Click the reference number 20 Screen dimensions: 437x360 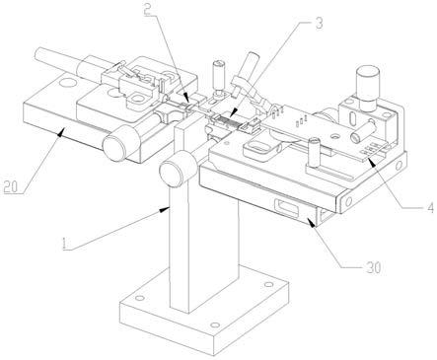(x=10, y=186)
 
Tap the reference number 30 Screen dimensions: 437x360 (x=373, y=267)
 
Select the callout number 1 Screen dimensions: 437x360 (x=65, y=244)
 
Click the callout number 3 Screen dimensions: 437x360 (x=319, y=24)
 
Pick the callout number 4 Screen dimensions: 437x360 (x=430, y=207)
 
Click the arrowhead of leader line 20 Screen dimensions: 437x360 (x=60, y=134)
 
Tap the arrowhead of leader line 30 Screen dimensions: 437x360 (x=311, y=223)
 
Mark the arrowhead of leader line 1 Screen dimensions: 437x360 (x=165, y=209)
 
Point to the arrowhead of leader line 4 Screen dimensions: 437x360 (x=371, y=160)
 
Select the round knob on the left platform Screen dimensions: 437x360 (x=119, y=143)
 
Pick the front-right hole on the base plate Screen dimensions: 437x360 (x=215, y=325)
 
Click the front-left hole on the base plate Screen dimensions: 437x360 (x=140, y=298)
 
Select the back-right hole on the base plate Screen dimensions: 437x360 (x=269, y=284)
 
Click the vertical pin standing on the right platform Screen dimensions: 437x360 (x=314, y=154)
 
